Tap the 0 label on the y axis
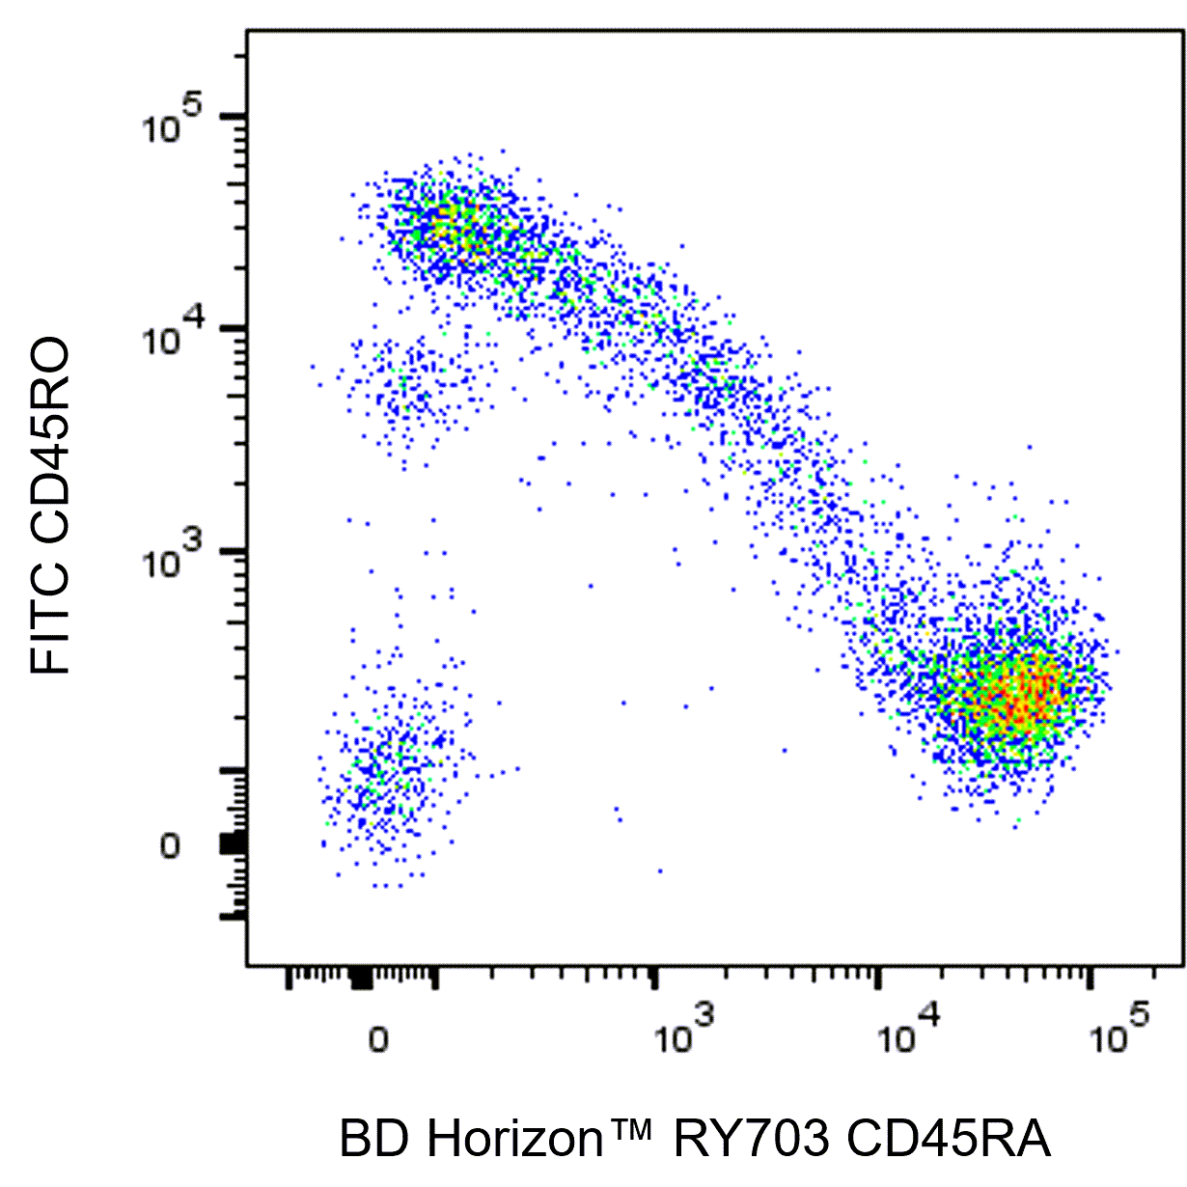click(170, 847)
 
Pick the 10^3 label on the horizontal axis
click(684, 1035)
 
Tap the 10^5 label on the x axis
click(1119, 1035)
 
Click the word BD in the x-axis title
click(368, 1140)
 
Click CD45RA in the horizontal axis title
click(948, 1140)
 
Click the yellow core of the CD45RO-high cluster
click(449, 227)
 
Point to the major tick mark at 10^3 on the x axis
click(656, 978)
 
